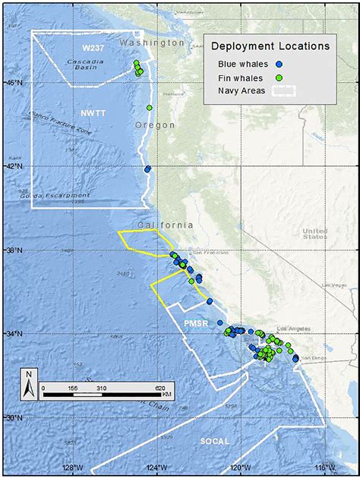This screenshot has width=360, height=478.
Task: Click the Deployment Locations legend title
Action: (x=270, y=46)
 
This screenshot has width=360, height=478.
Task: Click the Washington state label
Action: (x=152, y=43)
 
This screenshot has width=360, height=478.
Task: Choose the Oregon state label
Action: (x=155, y=124)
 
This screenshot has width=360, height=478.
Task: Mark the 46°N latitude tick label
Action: (x=14, y=81)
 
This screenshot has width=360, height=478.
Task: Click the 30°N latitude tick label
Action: (x=14, y=417)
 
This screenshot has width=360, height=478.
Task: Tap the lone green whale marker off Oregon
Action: (x=150, y=108)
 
